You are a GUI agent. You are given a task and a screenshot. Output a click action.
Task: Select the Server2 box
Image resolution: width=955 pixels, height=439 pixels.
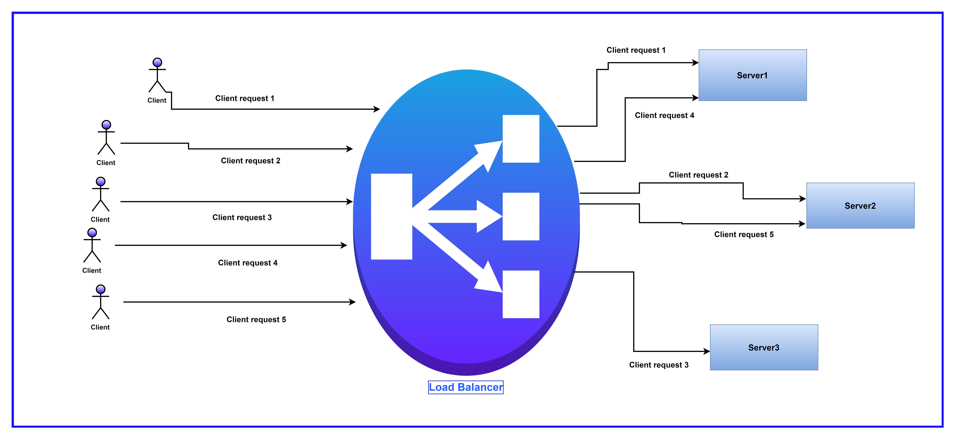tap(860, 206)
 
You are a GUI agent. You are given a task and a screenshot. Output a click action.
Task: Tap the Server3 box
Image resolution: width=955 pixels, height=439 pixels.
tap(764, 347)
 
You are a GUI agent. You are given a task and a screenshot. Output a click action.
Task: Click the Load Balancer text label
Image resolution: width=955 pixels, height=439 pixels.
tap(466, 387)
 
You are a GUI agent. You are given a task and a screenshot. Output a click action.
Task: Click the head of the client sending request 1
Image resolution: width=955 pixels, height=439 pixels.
tap(157, 62)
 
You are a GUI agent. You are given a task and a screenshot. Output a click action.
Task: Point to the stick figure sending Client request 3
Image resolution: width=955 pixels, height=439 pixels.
tap(100, 195)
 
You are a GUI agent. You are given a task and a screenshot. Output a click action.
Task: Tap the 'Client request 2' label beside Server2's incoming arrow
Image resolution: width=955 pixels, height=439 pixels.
tap(698, 175)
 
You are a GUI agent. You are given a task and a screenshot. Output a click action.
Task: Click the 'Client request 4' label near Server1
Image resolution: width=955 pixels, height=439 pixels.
tap(664, 115)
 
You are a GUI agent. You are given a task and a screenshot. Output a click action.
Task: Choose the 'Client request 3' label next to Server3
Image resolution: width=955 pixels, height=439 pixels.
tap(659, 365)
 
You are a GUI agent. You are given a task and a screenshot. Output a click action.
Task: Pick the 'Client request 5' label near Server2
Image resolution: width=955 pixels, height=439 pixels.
tap(744, 234)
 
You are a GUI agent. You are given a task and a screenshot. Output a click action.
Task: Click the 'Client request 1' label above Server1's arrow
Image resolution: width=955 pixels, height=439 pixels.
tap(636, 50)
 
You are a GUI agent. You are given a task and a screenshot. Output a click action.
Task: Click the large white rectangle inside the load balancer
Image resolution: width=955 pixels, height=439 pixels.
tap(392, 217)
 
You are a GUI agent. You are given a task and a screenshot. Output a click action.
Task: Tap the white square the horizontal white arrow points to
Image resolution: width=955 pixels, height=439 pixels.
tap(520, 217)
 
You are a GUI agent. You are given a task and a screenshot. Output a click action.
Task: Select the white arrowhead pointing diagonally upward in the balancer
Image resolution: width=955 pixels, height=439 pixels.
tap(489, 152)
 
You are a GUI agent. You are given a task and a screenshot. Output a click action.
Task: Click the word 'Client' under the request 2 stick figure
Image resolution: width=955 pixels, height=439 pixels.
tap(106, 163)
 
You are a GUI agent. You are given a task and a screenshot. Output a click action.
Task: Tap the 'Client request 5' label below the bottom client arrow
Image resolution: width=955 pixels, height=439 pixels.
tap(256, 320)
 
